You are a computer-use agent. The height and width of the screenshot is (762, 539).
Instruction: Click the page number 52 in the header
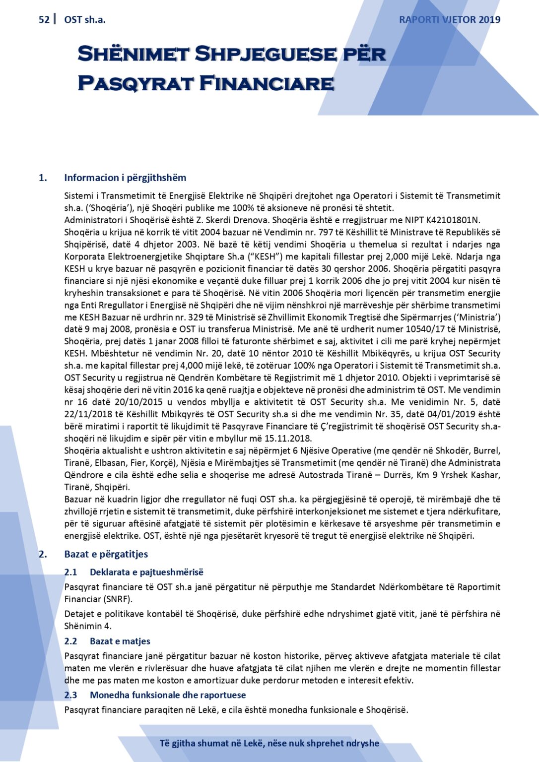click(x=44, y=20)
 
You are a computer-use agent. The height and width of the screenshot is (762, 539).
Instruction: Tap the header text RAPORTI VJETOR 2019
click(x=450, y=20)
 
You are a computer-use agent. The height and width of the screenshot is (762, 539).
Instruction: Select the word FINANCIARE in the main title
click(x=267, y=83)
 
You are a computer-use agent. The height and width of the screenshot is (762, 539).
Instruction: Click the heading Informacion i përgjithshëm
click(x=125, y=178)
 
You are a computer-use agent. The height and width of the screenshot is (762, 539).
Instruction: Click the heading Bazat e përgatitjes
click(x=106, y=554)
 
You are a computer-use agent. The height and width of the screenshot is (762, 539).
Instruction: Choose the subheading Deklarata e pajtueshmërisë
click(x=146, y=572)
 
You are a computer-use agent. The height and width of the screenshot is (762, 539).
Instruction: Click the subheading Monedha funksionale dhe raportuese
click(x=168, y=695)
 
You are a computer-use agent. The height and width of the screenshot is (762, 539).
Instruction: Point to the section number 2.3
click(x=70, y=695)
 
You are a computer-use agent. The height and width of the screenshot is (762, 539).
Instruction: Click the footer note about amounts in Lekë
click(x=269, y=743)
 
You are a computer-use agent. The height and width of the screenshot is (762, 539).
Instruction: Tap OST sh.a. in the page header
click(x=85, y=20)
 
